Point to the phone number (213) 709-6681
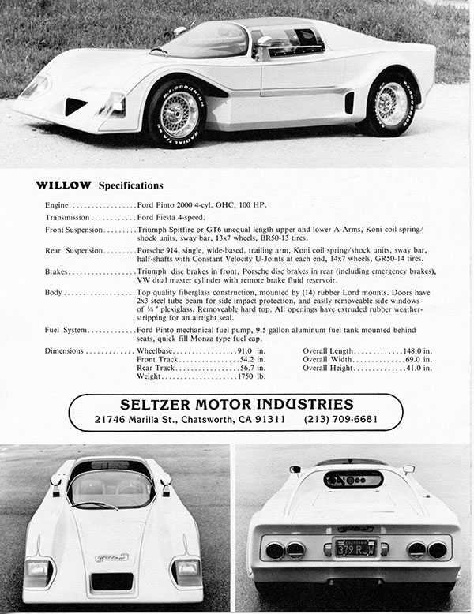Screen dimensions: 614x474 click(340, 418)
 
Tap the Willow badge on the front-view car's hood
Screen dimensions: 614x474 click(112, 557)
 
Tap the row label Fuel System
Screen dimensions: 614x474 click(66, 329)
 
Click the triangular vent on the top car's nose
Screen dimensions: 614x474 click(77, 105)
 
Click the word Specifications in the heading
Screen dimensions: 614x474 click(130, 186)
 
